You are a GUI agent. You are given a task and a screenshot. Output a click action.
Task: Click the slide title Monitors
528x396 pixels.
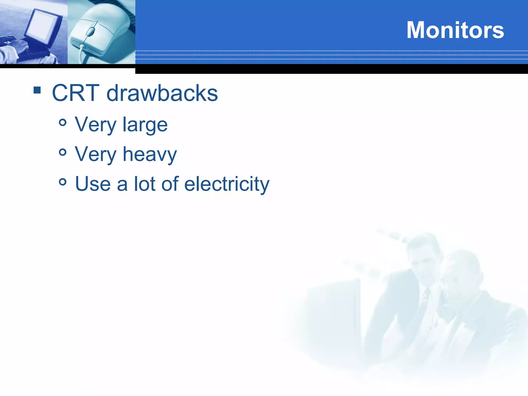coord(455,30)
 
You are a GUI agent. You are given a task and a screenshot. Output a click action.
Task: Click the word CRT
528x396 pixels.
coord(76,93)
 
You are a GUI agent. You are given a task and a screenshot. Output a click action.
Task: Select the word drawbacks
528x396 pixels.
coord(162,93)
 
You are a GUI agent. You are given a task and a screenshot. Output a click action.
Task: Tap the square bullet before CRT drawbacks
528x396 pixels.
coord(37,90)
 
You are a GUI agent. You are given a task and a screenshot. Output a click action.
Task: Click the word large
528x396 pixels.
coord(145,125)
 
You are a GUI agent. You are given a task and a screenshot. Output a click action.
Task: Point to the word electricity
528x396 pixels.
coord(227,184)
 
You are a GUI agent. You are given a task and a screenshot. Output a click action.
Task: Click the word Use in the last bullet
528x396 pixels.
coord(93,184)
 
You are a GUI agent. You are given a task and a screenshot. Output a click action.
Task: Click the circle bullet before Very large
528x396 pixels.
coord(63,122)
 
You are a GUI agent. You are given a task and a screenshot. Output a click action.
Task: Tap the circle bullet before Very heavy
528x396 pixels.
coord(63,152)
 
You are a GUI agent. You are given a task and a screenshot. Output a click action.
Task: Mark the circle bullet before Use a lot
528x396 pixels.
coord(63,182)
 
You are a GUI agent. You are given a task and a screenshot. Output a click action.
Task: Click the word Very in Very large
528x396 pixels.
coord(95,125)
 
